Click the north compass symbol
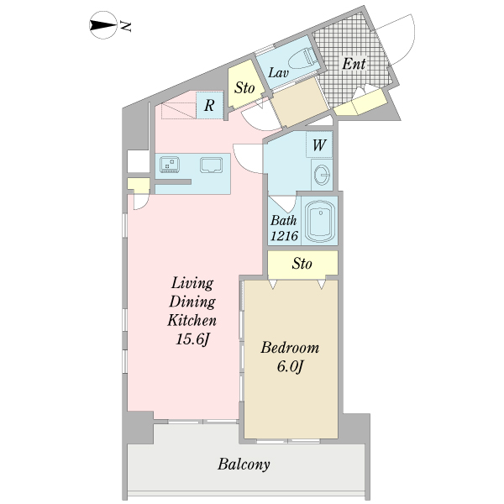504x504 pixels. coord(102,25)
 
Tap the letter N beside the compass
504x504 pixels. coord(126,26)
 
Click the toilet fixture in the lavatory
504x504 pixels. coord(303,58)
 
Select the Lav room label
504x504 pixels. coord(278,73)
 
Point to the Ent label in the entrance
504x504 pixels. coord(354,64)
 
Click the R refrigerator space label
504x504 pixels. coord(209,105)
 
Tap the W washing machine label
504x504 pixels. coord(319,145)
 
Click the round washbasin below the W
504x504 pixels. coord(322,175)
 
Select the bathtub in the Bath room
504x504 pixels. coord(320,222)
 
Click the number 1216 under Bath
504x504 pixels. coord(284,236)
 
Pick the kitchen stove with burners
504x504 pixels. coord(170,164)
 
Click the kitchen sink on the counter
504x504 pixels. coord(211,165)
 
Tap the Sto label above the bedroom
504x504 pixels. coord(302,264)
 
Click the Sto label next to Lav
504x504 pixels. coord(244,87)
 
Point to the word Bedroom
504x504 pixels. coord(290,348)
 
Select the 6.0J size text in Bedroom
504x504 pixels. coord(290,367)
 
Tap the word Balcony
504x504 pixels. coord(244,465)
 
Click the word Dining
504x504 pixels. coord(192,302)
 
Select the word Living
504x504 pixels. coord(192,284)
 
